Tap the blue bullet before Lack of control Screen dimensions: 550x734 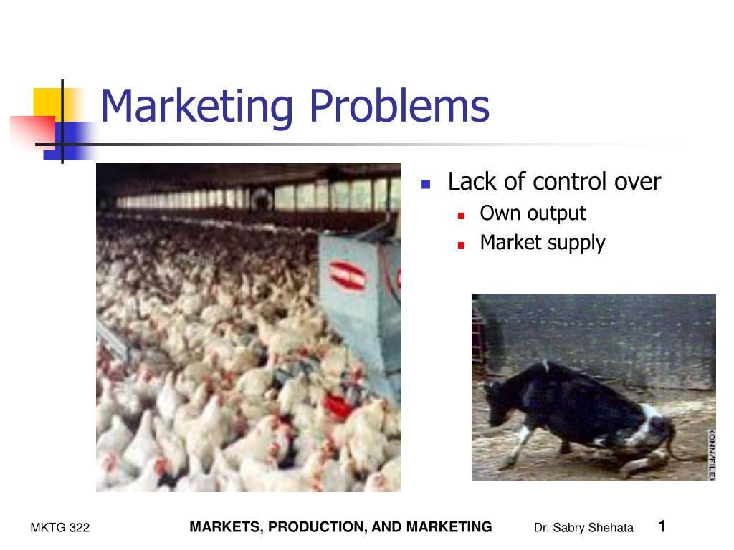click(x=425, y=184)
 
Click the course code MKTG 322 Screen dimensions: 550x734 click(x=60, y=528)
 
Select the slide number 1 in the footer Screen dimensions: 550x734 click(x=662, y=526)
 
